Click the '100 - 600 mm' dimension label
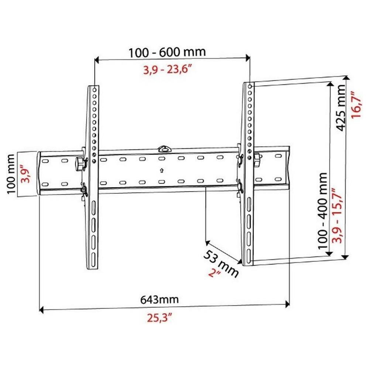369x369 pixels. [167, 52]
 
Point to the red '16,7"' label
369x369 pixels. [356, 104]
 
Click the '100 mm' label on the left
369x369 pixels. [11, 174]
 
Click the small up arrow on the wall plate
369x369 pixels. [161, 170]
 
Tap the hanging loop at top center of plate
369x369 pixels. [162, 149]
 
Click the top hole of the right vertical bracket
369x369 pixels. [249, 86]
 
